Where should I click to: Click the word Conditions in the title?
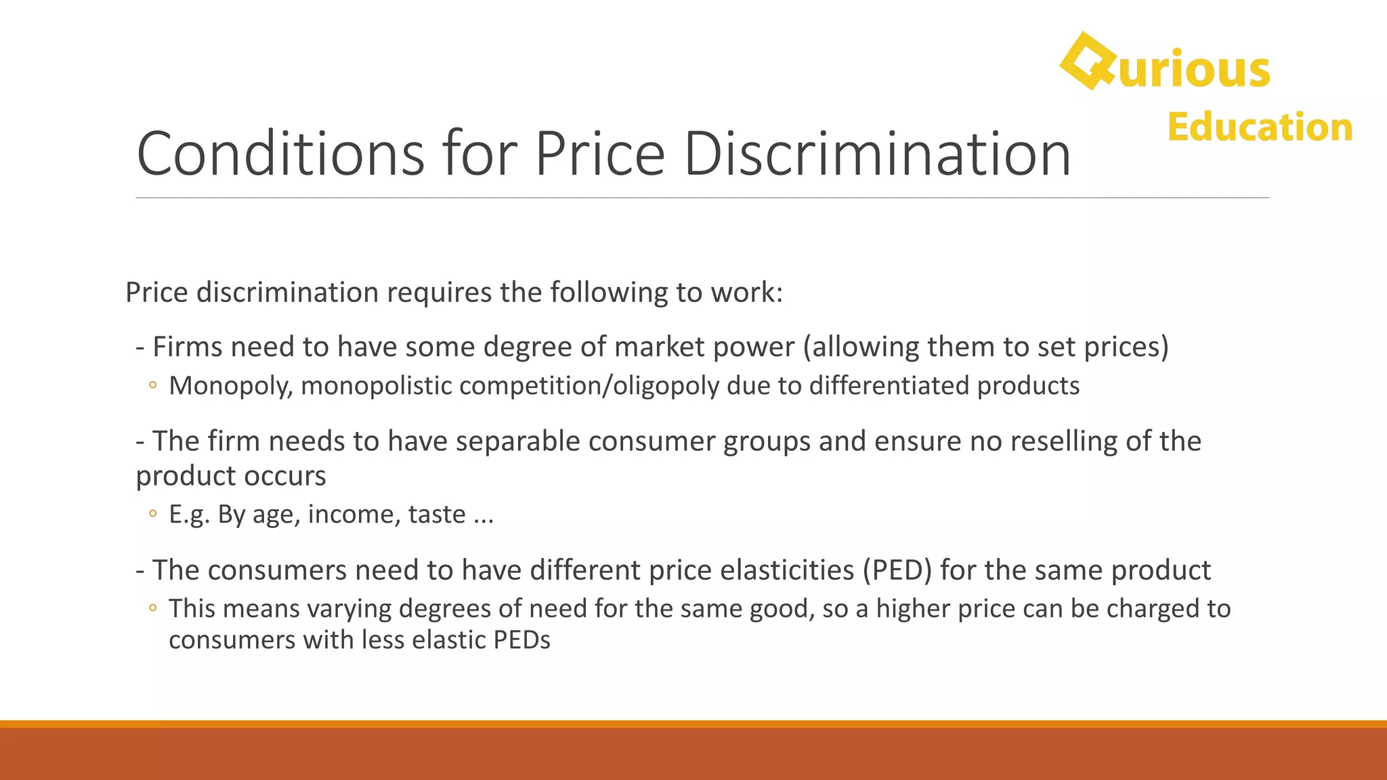coord(280,154)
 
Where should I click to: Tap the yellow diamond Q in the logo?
coord(1088,62)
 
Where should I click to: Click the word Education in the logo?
coord(1260,127)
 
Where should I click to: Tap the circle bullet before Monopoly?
coord(153,386)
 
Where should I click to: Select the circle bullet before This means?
coord(153,608)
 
